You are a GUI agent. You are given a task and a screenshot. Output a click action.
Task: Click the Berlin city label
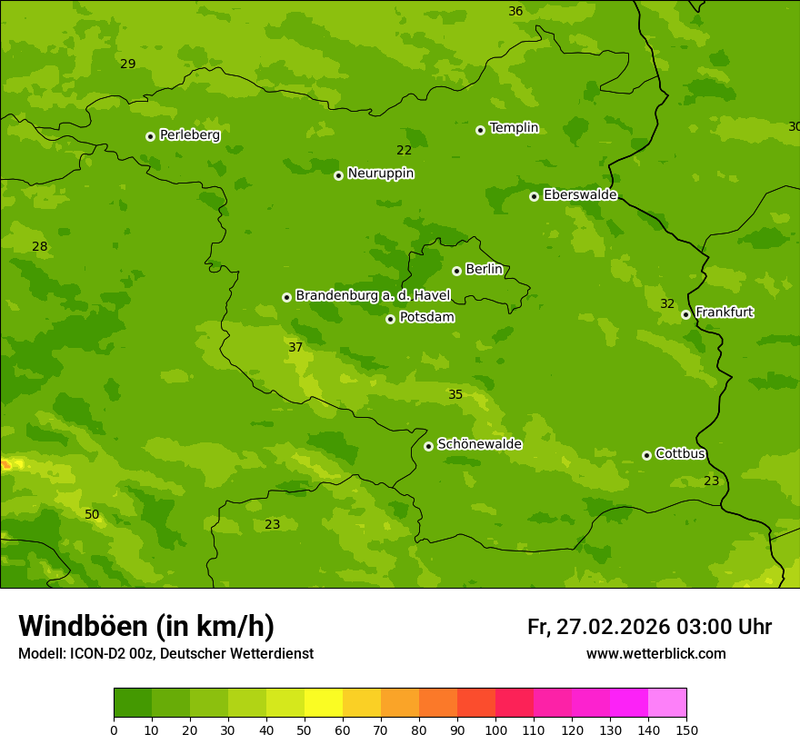click(484, 270)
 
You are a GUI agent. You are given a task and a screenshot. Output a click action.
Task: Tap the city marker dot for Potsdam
click(390, 319)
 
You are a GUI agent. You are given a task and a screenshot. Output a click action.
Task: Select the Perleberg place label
click(189, 135)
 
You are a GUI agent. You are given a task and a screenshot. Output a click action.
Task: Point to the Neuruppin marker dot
click(338, 175)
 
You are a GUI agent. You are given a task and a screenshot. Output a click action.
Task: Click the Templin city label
click(514, 128)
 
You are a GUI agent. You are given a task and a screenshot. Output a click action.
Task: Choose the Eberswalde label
click(580, 195)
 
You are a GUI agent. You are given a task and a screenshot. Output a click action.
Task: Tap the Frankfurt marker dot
click(685, 314)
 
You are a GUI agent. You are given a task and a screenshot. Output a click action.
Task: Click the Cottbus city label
click(680, 454)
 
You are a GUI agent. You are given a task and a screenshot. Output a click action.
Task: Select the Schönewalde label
click(479, 444)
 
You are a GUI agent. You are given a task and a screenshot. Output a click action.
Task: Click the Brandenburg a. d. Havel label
click(373, 296)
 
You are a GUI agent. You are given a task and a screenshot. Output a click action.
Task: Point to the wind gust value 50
click(92, 515)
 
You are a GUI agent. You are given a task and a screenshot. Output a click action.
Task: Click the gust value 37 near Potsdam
click(295, 348)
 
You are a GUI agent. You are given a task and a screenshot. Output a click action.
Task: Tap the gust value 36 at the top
click(515, 12)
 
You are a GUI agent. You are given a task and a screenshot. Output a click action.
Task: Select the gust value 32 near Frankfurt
click(667, 304)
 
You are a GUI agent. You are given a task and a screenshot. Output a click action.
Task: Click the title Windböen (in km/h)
click(146, 626)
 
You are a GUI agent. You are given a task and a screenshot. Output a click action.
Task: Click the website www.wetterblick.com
click(655, 654)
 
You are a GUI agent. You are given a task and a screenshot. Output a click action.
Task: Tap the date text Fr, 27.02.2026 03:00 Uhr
click(649, 627)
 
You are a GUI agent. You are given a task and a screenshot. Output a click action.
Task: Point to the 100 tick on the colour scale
click(495, 729)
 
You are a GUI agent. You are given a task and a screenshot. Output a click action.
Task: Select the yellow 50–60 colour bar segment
click(324, 703)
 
